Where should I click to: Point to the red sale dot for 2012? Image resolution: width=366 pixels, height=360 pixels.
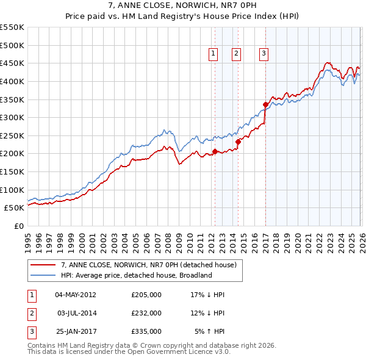point(215,151)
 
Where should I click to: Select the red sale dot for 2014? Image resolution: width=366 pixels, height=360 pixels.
point(238,142)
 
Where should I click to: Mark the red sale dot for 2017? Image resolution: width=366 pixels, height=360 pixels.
point(266,104)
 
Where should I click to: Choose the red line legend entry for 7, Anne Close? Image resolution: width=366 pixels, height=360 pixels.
point(152,264)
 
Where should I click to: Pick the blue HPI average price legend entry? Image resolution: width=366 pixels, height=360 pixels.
point(135,275)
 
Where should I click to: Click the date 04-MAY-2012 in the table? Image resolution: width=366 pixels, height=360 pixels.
point(75,295)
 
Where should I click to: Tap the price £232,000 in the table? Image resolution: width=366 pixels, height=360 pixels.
point(146,313)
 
